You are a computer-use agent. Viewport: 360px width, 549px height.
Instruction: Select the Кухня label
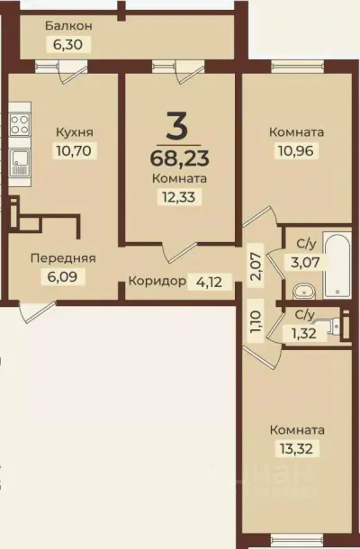coord(73,131)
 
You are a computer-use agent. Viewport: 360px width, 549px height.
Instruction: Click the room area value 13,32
coord(296,447)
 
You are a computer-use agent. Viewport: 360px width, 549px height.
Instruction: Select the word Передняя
coord(63,258)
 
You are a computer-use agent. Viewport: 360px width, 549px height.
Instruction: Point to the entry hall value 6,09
coord(63,276)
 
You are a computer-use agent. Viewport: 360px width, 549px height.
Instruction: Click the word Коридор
coord(157,281)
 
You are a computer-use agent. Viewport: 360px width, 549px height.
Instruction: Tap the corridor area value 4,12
coord(207,281)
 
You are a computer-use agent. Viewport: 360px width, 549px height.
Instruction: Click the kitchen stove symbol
coord(20,123)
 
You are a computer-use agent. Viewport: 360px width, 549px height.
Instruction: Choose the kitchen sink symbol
coord(20,162)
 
